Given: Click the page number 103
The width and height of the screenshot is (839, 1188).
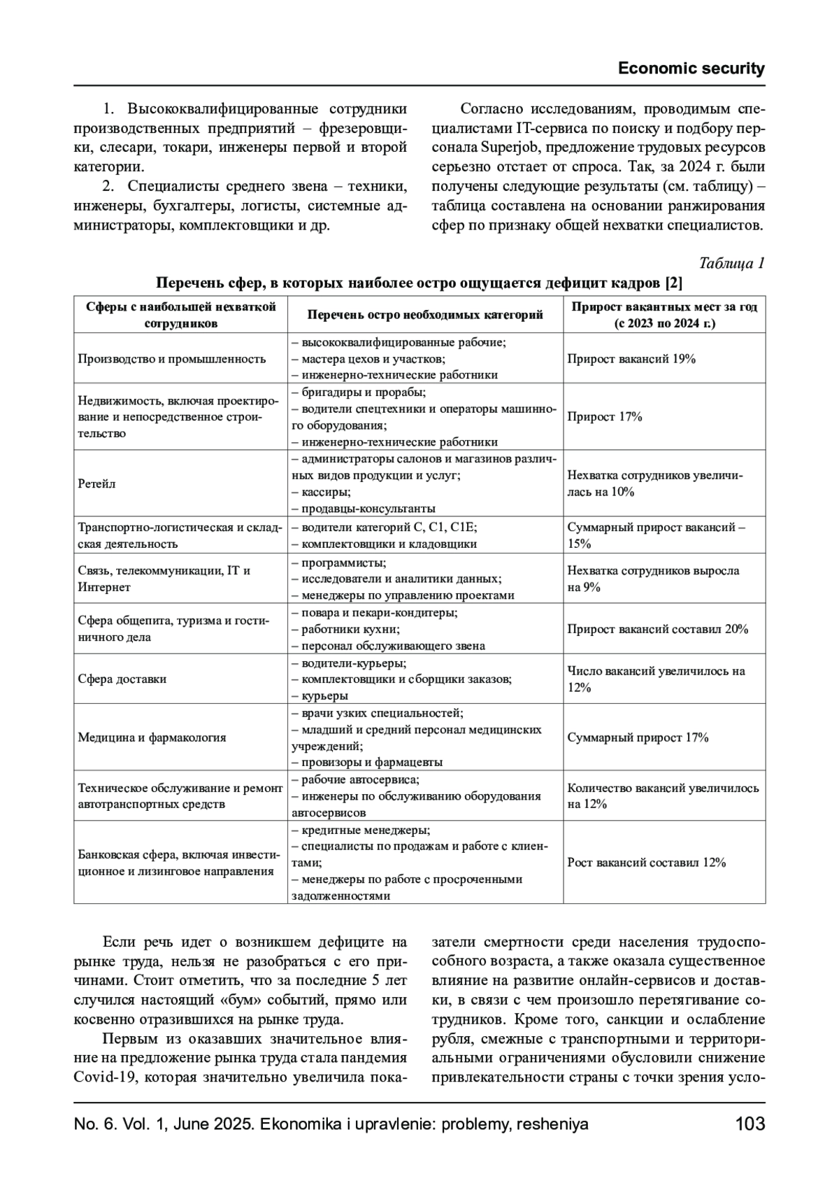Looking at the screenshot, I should [750, 1124].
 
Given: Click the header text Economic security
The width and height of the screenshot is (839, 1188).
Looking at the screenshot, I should [691, 69].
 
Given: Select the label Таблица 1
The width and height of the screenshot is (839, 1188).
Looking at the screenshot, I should [731, 263].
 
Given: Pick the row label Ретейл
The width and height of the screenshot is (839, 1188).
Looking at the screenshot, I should [96, 483].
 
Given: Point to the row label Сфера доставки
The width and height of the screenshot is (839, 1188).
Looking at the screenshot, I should [122, 679].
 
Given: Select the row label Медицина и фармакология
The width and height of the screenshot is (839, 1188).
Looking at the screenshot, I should [152, 737].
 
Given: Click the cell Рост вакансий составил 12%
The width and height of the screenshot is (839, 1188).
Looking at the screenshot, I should [646, 863].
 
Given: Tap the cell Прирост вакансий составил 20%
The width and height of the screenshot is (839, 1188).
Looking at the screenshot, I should [657, 629].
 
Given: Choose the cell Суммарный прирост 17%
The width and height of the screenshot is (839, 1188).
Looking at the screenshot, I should [638, 737].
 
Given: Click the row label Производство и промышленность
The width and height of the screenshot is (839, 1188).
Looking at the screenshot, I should [171, 359].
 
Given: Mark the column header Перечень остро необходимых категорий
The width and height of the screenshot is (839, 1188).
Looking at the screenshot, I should [425, 315].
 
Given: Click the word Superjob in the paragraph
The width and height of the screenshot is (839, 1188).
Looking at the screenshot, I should [507, 148].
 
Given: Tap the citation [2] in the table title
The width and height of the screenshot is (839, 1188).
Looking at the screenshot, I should [673, 283].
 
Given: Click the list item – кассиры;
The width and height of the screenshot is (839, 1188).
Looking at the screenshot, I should [321, 492].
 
